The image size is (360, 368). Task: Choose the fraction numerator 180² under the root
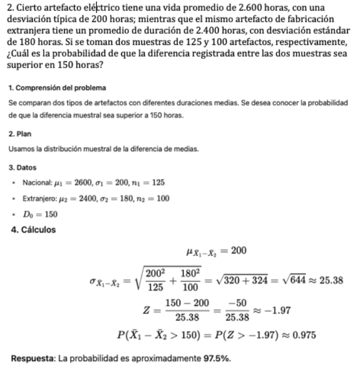click(x=190, y=272)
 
